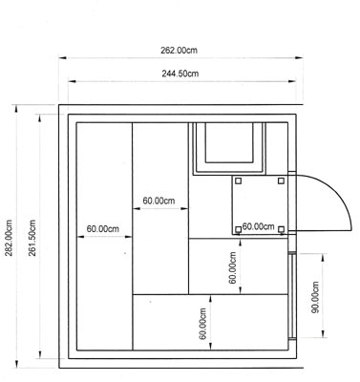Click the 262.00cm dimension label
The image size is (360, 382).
pyautogui.click(x=179, y=51)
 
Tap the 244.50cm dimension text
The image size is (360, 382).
pyautogui.click(x=180, y=74)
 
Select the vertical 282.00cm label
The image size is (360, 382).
pyautogui.click(x=9, y=238)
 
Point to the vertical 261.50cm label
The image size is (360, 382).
pyautogui.click(x=32, y=238)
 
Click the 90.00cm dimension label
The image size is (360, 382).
pyautogui.click(x=315, y=297)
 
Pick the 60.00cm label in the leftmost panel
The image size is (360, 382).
pyautogui.click(x=103, y=229)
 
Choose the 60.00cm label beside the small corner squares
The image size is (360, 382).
pyautogui.click(x=258, y=226)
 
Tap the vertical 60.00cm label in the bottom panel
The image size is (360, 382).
pyautogui.click(x=203, y=324)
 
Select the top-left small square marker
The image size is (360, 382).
pyautogui.click(x=239, y=181)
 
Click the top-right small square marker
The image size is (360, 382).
pyautogui.click(x=281, y=180)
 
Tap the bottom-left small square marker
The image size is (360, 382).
pyautogui.click(x=238, y=229)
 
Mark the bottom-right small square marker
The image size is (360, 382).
pyautogui.click(x=281, y=229)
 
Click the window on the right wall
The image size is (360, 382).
pyautogui.click(x=292, y=295)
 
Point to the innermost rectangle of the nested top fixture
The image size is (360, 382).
pyautogui.click(x=229, y=143)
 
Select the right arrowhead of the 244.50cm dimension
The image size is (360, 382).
pyautogui.click(x=292, y=81)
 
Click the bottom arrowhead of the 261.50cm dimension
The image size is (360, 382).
pyautogui.click(x=40, y=354)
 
